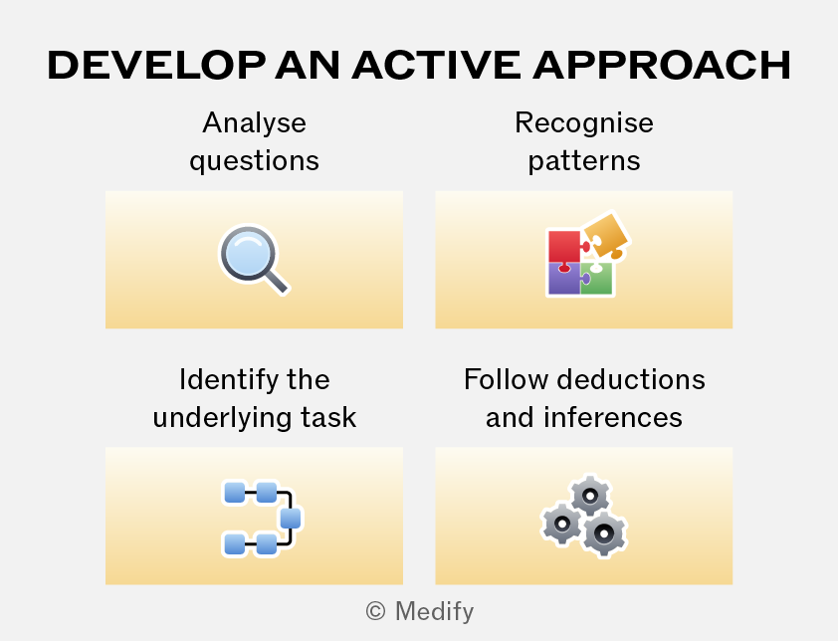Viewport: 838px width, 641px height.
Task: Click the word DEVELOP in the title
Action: [156, 66]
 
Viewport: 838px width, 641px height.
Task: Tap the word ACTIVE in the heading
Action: [436, 66]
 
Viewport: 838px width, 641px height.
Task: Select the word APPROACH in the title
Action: [662, 66]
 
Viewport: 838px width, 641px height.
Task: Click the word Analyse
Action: [255, 124]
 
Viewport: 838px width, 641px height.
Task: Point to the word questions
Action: [255, 161]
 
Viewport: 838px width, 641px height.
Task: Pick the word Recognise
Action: [584, 124]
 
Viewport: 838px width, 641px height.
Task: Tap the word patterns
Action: [584, 161]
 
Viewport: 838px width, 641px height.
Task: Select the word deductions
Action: [631, 379]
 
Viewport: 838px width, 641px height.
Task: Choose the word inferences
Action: [613, 417]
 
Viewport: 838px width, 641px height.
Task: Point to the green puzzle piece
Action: [597, 278]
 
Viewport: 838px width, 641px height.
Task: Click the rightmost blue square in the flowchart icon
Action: [291, 518]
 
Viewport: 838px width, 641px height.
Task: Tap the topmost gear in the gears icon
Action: [590, 496]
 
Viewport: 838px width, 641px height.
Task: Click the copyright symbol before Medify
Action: [376, 611]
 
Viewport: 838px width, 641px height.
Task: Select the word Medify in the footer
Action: [435, 611]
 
